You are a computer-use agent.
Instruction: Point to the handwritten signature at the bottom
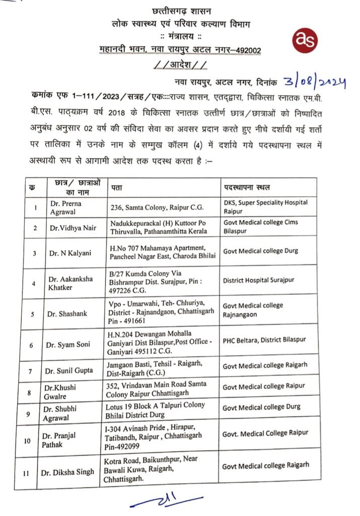167,501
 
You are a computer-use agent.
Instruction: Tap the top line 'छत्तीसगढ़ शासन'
180,11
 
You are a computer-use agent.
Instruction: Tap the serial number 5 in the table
33,313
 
